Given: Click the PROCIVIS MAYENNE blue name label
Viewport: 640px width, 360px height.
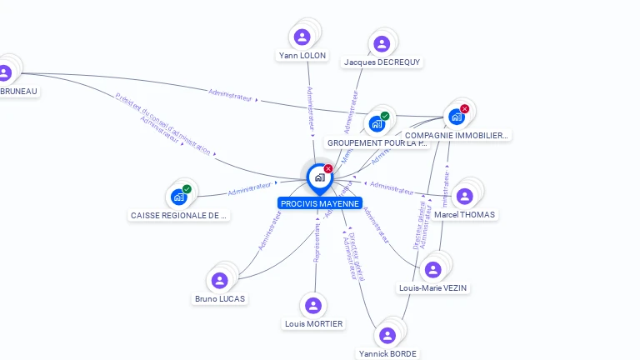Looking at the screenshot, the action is (320, 203).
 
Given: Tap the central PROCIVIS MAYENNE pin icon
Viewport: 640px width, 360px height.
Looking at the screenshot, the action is (319, 177).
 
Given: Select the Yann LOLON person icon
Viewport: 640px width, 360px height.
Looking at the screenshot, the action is (302, 37).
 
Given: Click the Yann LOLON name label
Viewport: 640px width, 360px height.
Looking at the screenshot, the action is (302, 56).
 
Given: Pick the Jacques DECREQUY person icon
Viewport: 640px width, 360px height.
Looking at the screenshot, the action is (382, 43).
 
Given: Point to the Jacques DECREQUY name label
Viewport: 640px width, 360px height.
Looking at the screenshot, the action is (382, 62).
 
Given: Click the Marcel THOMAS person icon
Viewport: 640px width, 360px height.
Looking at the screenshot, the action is (464, 196).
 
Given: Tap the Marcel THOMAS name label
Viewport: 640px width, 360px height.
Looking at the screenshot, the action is (465, 215).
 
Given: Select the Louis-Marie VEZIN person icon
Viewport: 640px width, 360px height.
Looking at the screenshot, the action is (432, 269).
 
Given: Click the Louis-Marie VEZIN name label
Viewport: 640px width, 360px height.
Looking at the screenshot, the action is (433, 288).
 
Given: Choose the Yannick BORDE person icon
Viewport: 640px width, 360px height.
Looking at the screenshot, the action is (387, 335).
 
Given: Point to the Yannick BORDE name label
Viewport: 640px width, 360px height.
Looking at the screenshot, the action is (387, 353).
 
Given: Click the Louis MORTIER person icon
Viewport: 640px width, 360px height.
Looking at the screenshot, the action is (313, 305).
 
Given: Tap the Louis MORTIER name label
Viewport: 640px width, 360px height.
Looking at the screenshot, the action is (313, 324).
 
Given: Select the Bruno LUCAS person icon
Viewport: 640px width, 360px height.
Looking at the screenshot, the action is (220, 280).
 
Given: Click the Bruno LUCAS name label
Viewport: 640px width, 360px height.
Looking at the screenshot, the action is (220, 298).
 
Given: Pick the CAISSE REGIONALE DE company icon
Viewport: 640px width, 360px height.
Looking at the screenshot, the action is (178, 197).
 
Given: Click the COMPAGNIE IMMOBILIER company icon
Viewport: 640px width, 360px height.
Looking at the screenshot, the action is (457, 117).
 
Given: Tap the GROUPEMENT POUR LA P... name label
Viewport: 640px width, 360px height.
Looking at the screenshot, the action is (377, 143).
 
